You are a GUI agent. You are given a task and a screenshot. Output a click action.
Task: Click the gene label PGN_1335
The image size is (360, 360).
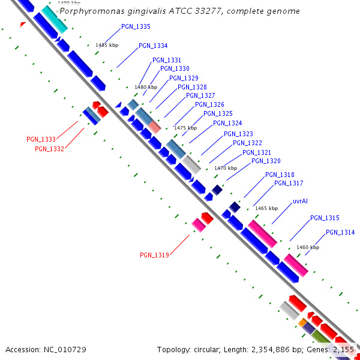coord(136,26)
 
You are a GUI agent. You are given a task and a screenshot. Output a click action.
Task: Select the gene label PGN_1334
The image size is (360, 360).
coord(153,46)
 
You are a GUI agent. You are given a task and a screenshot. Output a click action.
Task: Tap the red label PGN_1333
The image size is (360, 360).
coord(41,139)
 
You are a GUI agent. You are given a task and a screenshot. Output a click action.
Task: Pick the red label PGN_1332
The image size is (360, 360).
coord(49,149)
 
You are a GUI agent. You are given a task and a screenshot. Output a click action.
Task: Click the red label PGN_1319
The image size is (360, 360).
coord(154,255)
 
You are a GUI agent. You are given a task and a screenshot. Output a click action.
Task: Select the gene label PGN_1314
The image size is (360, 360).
coord(340,232)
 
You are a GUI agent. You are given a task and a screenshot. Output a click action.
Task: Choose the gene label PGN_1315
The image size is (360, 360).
coord(325,218)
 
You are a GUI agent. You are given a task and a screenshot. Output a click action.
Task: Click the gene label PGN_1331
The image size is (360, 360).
coord(167,60)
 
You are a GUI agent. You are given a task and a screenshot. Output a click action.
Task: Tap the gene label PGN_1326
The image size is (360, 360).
coord(209,104)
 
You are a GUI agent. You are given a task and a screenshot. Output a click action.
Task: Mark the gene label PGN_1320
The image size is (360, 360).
coord(266,161)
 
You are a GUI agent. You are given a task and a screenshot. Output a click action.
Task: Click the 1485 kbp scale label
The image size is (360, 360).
coord(107,45)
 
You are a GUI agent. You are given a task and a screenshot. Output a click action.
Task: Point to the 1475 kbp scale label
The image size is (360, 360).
coord(185,128)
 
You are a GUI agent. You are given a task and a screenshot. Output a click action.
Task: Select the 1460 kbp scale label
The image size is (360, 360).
coord(307,247)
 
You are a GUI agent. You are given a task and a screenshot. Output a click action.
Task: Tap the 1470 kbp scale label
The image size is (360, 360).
coord(226,168)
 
